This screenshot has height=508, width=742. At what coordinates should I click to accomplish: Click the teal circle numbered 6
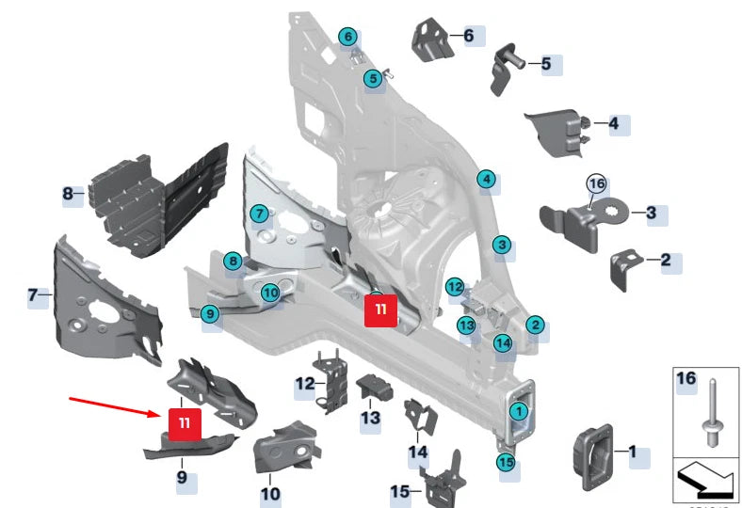pos(348,38)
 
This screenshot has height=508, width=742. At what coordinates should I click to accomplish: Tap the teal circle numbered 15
pos(507,462)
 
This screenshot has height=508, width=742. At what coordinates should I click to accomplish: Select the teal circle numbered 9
pos(210,314)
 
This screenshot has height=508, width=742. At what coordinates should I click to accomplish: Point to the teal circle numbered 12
pos(455,286)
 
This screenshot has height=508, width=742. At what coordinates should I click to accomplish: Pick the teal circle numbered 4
pos(486,180)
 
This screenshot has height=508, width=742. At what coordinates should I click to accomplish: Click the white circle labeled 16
pos(595,183)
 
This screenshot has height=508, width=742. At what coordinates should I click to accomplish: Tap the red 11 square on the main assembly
pos(380,309)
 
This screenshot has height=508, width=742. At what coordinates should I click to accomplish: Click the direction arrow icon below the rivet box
pos(705,481)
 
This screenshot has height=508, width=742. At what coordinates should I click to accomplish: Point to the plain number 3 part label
pos(652,214)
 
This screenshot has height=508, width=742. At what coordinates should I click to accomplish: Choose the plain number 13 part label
pos(371,417)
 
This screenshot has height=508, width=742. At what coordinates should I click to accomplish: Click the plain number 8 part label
pos(68,195)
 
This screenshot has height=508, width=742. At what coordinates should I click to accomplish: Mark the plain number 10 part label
pos(270,493)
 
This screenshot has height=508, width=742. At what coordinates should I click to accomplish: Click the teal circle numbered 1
pos(518,410)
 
